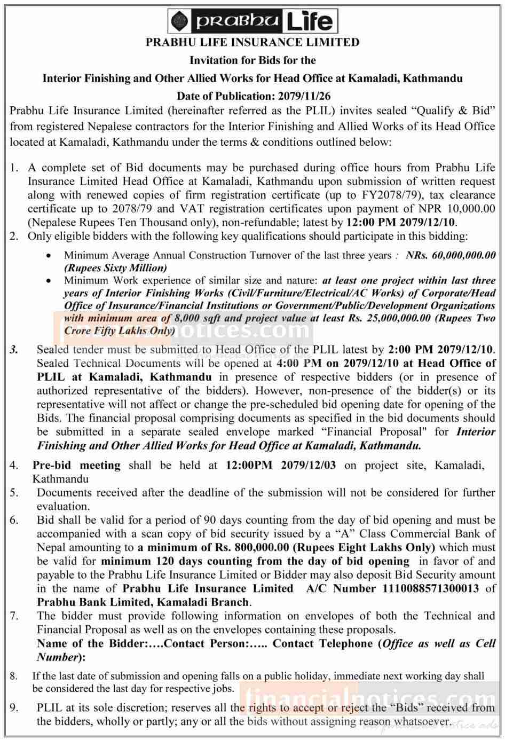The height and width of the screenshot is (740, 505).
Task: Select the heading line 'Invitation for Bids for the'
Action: click(x=253, y=60)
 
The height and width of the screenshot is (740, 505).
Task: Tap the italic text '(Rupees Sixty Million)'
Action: click(x=115, y=267)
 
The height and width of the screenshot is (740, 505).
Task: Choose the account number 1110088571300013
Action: click(x=431, y=588)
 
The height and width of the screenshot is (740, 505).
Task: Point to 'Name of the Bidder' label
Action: click(x=91, y=643)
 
